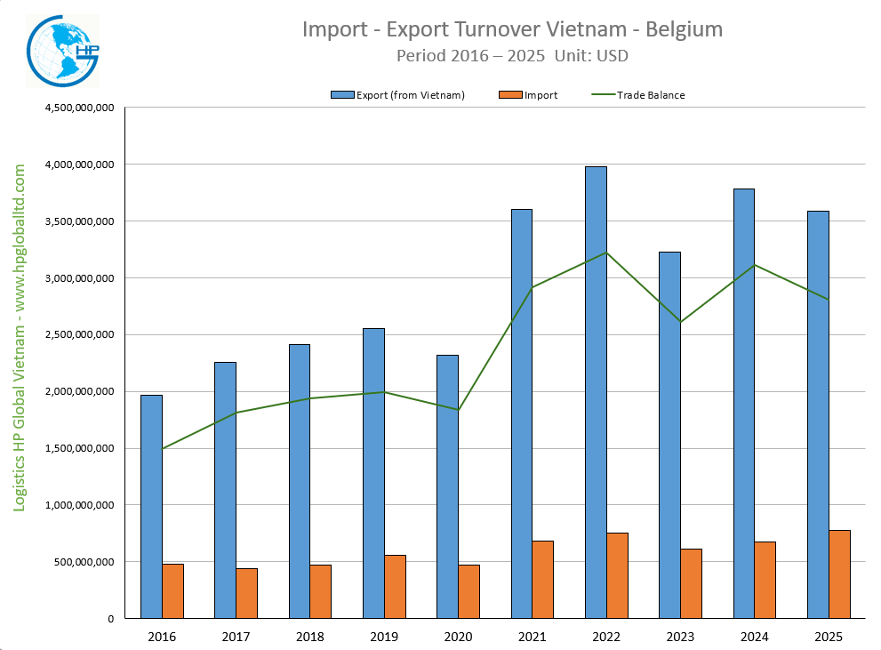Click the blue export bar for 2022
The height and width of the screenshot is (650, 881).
click(x=597, y=391)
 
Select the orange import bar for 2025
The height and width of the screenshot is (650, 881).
click(x=839, y=574)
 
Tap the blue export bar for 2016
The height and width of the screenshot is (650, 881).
click(x=151, y=506)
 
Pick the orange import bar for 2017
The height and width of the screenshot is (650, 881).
click(x=247, y=593)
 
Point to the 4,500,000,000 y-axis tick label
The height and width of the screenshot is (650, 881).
click(x=77, y=108)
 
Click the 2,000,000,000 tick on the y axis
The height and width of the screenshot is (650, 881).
click(x=77, y=391)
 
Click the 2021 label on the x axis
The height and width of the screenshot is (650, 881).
click(x=533, y=637)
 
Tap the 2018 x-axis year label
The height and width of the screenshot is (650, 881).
click(x=310, y=637)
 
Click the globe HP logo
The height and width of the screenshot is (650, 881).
click(x=61, y=52)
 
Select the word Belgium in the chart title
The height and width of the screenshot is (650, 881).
click(x=684, y=29)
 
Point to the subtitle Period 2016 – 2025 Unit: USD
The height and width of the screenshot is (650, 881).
click(x=513, y=55)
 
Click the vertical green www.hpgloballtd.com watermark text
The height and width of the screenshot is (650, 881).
click(x=20, y=337)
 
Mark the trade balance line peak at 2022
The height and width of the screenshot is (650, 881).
click(x=606, y=253)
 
